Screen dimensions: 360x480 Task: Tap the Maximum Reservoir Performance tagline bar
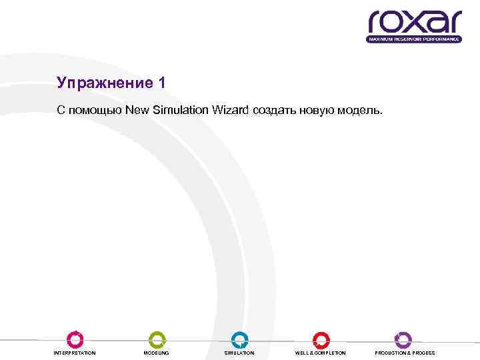(414, 39)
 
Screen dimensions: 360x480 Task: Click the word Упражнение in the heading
(105, 83)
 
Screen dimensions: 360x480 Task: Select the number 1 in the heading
(161, 83)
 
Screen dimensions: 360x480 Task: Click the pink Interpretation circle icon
(75, 339)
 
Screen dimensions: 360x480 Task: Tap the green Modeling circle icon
(157, 339)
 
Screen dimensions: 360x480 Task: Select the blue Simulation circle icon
(239, 339)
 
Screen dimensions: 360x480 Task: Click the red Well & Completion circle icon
(321, 339)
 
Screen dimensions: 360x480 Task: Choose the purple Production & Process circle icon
(403, 339)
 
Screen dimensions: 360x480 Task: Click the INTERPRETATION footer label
(75, 353)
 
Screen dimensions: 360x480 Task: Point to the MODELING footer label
(157, 353)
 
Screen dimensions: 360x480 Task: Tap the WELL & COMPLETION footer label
(321, 353)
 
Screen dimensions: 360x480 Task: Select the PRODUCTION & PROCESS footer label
(405, 353)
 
